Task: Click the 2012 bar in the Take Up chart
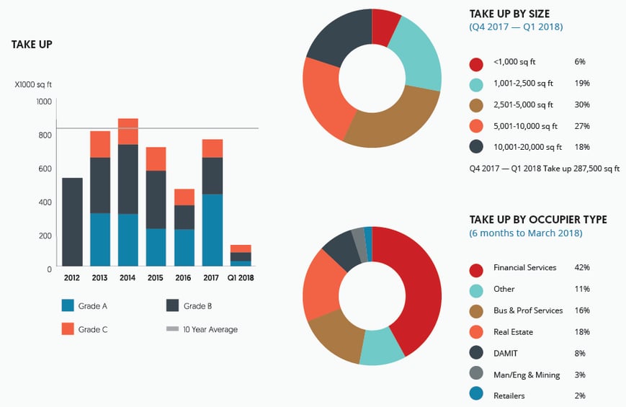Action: [72, 222]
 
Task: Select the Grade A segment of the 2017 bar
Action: [212, 230]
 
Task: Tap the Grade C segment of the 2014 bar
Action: [128, 132]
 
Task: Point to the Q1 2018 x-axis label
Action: [241, 277]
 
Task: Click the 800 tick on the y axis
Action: [45, 135]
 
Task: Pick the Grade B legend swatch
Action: [173, 306]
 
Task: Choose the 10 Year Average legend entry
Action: [210, 329]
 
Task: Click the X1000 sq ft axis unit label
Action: [34, 84]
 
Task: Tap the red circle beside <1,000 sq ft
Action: [475, 63]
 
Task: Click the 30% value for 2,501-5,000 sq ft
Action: [582, 105]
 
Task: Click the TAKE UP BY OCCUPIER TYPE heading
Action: [537, 220]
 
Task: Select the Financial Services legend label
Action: [524, 268]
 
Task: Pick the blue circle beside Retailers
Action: [475, 395]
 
